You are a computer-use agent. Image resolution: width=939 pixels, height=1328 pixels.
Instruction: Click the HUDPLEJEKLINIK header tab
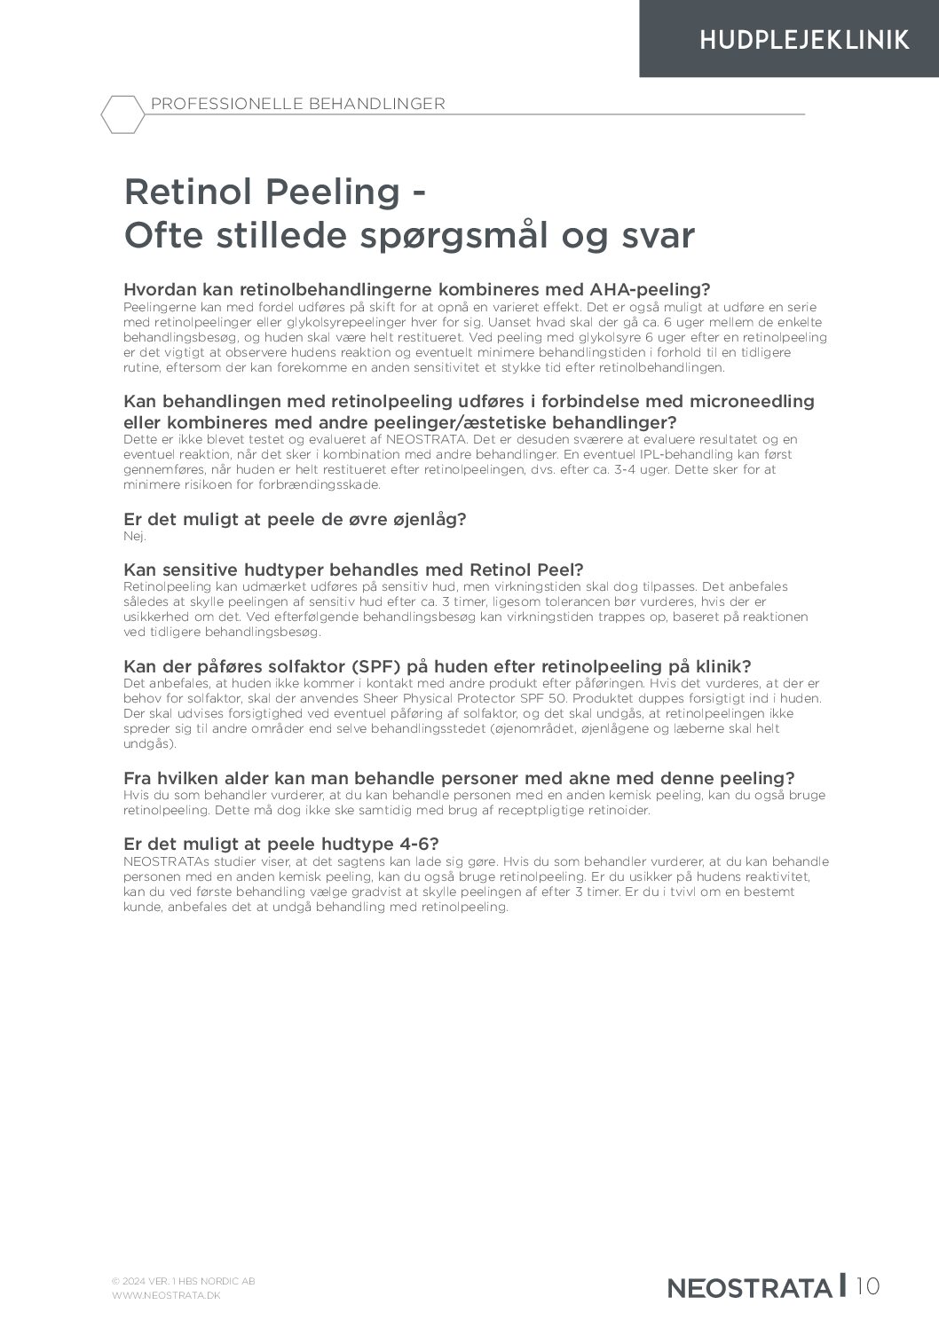(x=803, y=40)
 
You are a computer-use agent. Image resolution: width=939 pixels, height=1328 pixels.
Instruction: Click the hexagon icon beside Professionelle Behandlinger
(x=121, y=114)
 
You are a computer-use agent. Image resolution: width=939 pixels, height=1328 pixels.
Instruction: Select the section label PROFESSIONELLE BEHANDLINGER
(x=298, y=104)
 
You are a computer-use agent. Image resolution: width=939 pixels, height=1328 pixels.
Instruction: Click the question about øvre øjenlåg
(x=295, y=519)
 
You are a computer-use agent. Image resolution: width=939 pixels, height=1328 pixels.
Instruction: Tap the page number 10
(x=869, y=1285)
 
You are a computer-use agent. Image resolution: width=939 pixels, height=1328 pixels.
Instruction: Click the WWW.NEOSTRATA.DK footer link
(x=166, y=1295)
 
